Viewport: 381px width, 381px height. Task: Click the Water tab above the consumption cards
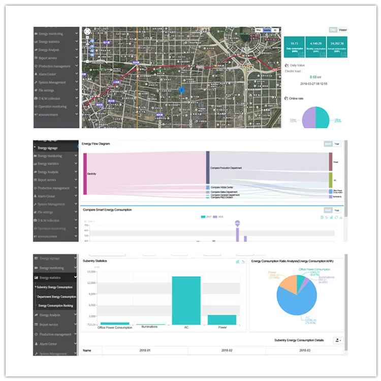tap(343, 30)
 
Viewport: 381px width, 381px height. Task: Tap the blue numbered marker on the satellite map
tap(181, 90)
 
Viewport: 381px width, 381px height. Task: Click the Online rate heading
tap(296, 98)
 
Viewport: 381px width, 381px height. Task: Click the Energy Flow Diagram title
tap(96, 144)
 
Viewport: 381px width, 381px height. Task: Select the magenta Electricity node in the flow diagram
tap(85, 173)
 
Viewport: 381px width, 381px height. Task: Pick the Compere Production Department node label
tap(226, 168)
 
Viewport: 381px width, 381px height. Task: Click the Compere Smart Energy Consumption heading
tap(107, 210)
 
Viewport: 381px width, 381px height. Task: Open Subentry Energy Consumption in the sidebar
tap(55, 287)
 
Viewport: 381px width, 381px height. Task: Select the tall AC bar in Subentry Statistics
tap(186, 300)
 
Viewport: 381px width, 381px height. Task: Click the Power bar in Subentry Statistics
tap(222, 320)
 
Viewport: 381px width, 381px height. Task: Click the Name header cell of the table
tap(87, 350)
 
